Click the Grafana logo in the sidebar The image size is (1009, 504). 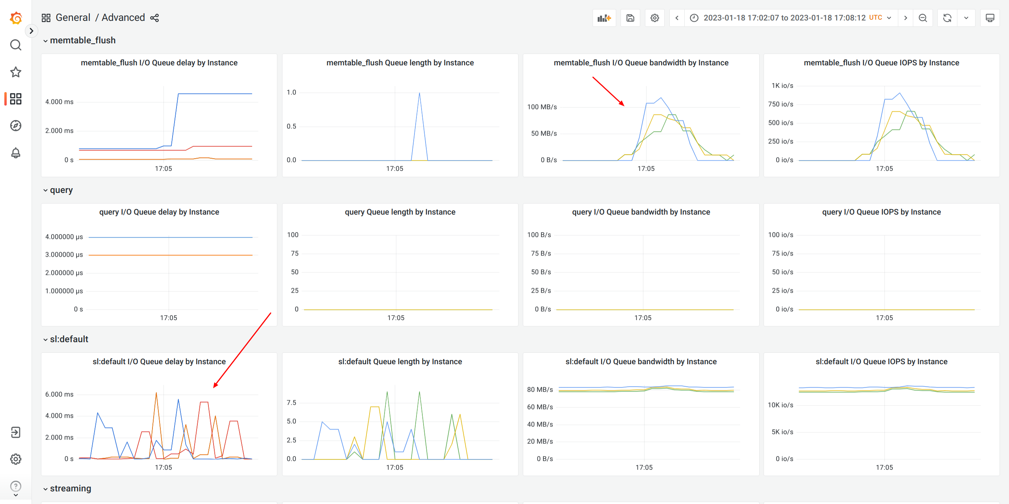(16, 18)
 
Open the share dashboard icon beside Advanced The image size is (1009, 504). (154, 18)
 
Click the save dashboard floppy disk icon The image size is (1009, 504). (630, 18)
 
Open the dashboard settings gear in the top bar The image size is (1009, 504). (654, 18)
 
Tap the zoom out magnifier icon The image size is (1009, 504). (923, 18)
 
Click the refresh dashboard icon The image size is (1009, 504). (947, 18)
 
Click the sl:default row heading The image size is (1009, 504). (69, 339)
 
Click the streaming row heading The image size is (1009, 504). (70, 488)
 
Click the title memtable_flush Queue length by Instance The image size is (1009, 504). (400, 63)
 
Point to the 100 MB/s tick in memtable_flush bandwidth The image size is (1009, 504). (542, 107)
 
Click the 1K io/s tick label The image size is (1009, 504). (782, 85)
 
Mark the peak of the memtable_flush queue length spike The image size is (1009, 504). (419, 93)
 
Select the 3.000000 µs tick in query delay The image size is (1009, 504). (64, 254)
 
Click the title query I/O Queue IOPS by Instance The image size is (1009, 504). (881, 212)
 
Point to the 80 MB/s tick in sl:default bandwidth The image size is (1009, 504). (540, 389)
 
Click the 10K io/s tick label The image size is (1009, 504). (780, 405)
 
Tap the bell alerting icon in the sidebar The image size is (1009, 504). (16, 153)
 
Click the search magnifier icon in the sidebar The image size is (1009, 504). (16, 45)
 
